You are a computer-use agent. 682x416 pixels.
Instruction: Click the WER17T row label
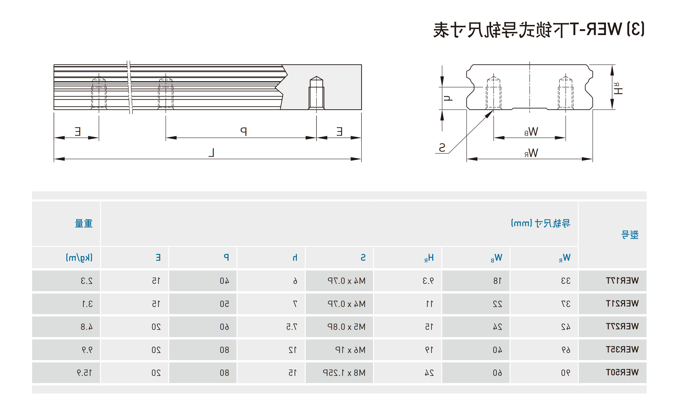[622, 281]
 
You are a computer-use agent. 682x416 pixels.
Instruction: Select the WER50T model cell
[622, 373]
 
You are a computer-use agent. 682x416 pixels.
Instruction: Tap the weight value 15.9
[85, 373]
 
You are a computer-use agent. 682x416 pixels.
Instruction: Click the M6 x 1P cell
[350, 350]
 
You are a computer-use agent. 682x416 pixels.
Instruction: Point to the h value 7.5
[292, 327]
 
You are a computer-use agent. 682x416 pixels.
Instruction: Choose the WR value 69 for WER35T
[566, 350]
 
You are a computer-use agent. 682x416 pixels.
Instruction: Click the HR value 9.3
[428, 281]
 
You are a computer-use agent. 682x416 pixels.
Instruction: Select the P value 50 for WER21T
[224, 304]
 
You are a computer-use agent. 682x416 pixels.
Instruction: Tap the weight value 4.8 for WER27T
[87, 327]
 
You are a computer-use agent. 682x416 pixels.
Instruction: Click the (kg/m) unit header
[79, 258]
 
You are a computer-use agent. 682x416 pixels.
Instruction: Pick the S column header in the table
[363, 258]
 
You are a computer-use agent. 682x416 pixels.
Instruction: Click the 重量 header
[84, 223]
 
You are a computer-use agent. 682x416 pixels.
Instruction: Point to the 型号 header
[630, 235]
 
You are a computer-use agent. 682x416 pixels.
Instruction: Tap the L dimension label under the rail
[211, 152]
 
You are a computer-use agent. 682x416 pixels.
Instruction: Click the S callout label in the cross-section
[442, 148]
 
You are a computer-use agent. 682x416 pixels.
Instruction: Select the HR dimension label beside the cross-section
[618, 89]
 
